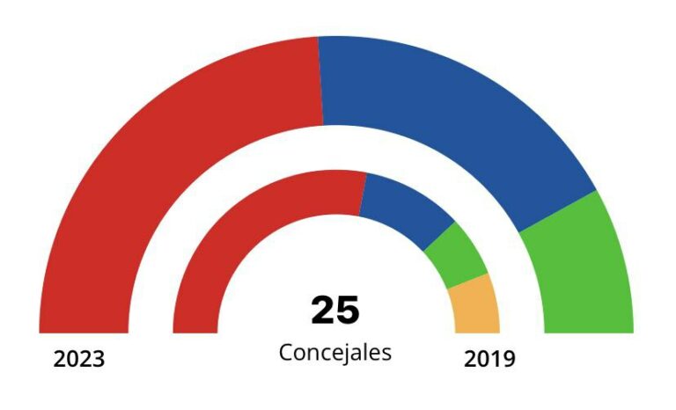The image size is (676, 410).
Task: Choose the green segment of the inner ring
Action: [455, 255]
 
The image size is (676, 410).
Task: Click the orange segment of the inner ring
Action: [476, 306]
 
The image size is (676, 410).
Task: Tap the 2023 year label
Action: [79, 360]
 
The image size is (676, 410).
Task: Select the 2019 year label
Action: [489, 360]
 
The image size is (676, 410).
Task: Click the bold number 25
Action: [335, 311]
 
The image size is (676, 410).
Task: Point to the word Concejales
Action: [335, 352]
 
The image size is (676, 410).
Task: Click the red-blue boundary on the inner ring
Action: [363, 193]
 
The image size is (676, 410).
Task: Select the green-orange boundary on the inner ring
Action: [468, 282]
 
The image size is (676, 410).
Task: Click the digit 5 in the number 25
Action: [349, 311]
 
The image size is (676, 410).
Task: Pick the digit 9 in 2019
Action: [508, 360]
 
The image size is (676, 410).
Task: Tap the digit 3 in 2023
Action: [98, 360]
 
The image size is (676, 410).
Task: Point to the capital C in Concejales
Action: [286, 352]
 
